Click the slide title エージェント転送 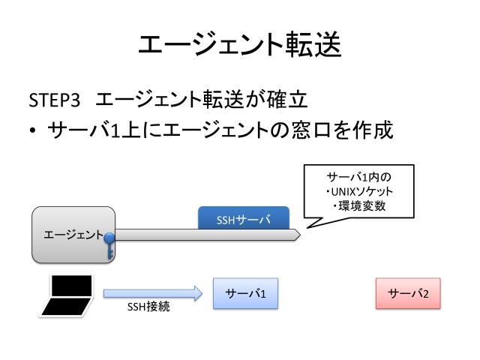coord(240,45)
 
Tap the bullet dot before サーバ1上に coord(33,130)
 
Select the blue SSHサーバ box coord(244,219)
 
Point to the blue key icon coord(110,244)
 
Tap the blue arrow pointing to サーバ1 coord(153,293)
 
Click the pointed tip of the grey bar coord(298,235)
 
